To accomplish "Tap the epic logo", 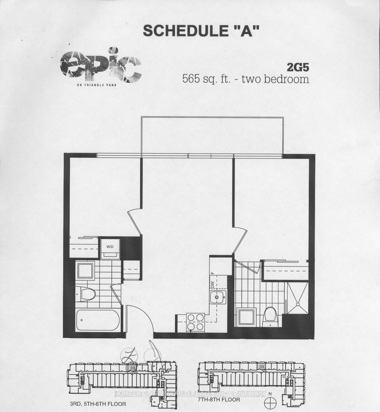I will [x=101, y=67].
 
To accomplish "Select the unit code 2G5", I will [x=298, y=68].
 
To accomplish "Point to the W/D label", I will [x=110, y=247].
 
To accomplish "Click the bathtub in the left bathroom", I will [x=98, y=320].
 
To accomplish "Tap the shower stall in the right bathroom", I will [x=297, y=298].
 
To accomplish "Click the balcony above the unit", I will [x=213, y=135].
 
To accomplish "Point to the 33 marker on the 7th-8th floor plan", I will [x=262, y=367].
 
